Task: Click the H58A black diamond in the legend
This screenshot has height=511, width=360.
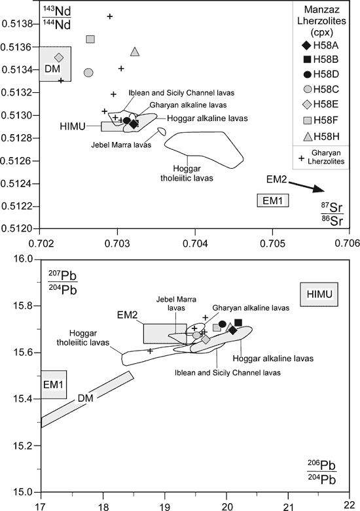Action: (306, 46)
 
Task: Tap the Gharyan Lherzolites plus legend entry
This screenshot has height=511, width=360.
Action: (302, 158)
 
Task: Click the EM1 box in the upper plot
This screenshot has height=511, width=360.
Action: (273, 200)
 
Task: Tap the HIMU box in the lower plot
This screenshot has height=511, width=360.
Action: (319, 294)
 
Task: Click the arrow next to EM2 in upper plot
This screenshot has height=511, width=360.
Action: (306, 186)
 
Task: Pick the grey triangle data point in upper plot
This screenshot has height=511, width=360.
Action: (135, 52)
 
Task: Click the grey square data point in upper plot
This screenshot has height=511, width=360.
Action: (90, 39)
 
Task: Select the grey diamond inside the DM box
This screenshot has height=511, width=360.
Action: (59, 58)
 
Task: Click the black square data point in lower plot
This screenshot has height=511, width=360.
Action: (238, 323)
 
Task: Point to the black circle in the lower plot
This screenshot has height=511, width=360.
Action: (223, 324)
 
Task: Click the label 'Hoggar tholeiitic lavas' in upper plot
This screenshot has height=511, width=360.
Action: (187, 173)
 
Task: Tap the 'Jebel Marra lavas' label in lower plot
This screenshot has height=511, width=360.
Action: (176, 304)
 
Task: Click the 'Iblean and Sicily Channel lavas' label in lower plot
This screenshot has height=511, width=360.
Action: (228, 372)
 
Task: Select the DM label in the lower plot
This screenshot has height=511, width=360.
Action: (86, 398)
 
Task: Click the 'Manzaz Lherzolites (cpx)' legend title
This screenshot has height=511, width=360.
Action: (321, 21)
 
